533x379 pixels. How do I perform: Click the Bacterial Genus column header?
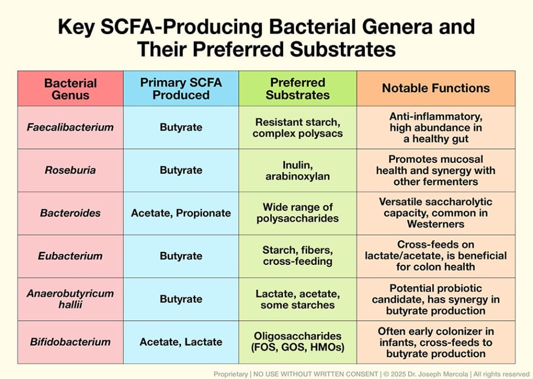point(71,89)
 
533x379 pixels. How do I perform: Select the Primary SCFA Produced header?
point(181,88)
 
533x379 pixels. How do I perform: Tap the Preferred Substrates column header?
point(298,88)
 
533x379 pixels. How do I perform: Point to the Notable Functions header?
point(436,88)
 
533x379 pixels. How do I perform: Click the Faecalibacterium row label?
point(71,127)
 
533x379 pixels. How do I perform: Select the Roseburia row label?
point(71,170)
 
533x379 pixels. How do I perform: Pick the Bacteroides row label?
point(71,213)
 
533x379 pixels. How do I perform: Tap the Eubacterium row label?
point(71,256)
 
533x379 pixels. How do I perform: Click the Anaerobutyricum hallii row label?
point(71,299)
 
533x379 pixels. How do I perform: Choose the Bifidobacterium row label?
point(71,341)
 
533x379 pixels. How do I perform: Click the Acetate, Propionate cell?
point(181,213)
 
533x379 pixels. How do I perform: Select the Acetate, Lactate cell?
point(181,341)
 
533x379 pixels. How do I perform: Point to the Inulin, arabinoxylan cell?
point(298,171)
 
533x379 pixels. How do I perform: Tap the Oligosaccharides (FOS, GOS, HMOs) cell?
point(298,341)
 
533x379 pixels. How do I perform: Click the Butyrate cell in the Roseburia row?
point(181,170)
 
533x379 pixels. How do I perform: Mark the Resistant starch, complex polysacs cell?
point(298,128)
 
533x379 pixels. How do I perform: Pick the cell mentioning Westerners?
point(436,213)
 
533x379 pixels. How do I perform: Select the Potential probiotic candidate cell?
point(436,299)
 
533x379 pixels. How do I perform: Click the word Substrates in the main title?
point(343,49)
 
